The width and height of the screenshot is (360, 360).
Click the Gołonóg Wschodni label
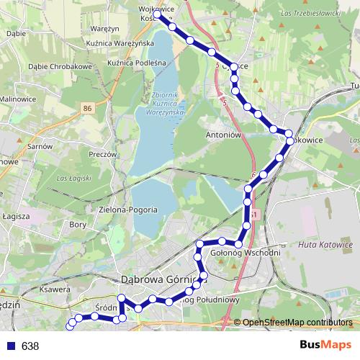(246, 253)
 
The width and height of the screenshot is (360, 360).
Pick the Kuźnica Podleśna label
(137, 63)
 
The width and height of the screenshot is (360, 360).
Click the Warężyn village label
(104, 29)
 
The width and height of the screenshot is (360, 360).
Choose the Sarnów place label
(41, 145)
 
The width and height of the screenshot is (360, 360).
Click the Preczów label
(103, 154)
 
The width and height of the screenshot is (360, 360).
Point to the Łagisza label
(14, 216)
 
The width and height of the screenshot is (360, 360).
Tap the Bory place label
(77, 225)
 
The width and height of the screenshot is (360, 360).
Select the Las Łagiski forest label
(72, 177)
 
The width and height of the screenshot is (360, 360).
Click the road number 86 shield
(88, 108)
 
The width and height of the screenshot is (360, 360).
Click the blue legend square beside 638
(11, 346)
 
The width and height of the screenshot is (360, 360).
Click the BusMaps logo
(326, 345)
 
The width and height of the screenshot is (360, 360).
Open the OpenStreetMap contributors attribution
(297, 323)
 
